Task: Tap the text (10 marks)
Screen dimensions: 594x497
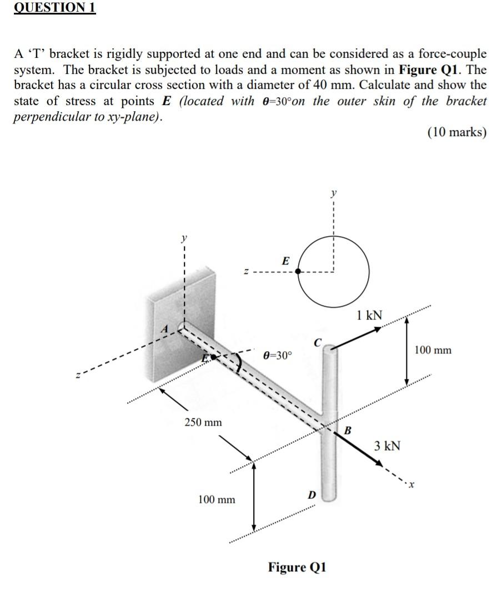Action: (x=456, y=132)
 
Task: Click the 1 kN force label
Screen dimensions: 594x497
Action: (x=369, y=315)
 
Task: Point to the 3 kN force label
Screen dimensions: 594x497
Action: (x=386, y=446)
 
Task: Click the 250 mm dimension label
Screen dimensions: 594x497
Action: (x=203, y=422)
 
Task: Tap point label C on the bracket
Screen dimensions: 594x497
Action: (x=318, y=343)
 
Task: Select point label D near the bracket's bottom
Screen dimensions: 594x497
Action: (x=312, y=494)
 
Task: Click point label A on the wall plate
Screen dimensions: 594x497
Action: (x=164, y=328)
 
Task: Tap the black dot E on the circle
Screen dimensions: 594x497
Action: (x=298, y=272)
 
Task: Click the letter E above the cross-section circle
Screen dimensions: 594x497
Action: (x=285, y=260)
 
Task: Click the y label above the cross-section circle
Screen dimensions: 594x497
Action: (x=333, y=194)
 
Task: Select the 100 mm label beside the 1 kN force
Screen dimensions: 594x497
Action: (x=433, y=350)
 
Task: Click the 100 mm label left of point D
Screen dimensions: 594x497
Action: (x=217, y=500)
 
